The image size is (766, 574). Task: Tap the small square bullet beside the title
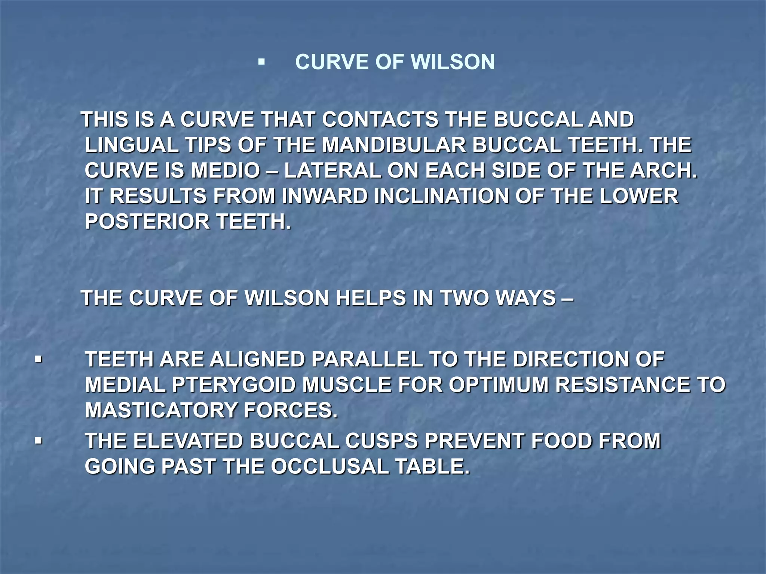pyautogui.click(x=261, y=62)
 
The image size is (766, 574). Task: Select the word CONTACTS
pyautogui.click(x=380, y=120)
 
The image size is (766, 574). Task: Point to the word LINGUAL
pyautogui.click(x=131, y=145)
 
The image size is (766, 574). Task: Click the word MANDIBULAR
pyautogui.click(x=394, y=145)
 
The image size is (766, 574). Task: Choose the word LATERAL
pyautogui.click(x=332, y=170)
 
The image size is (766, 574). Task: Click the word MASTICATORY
pyautogui.click(x=161, y=410)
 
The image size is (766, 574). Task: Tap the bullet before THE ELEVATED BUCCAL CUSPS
pyautogui.click(x=38, y=441)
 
